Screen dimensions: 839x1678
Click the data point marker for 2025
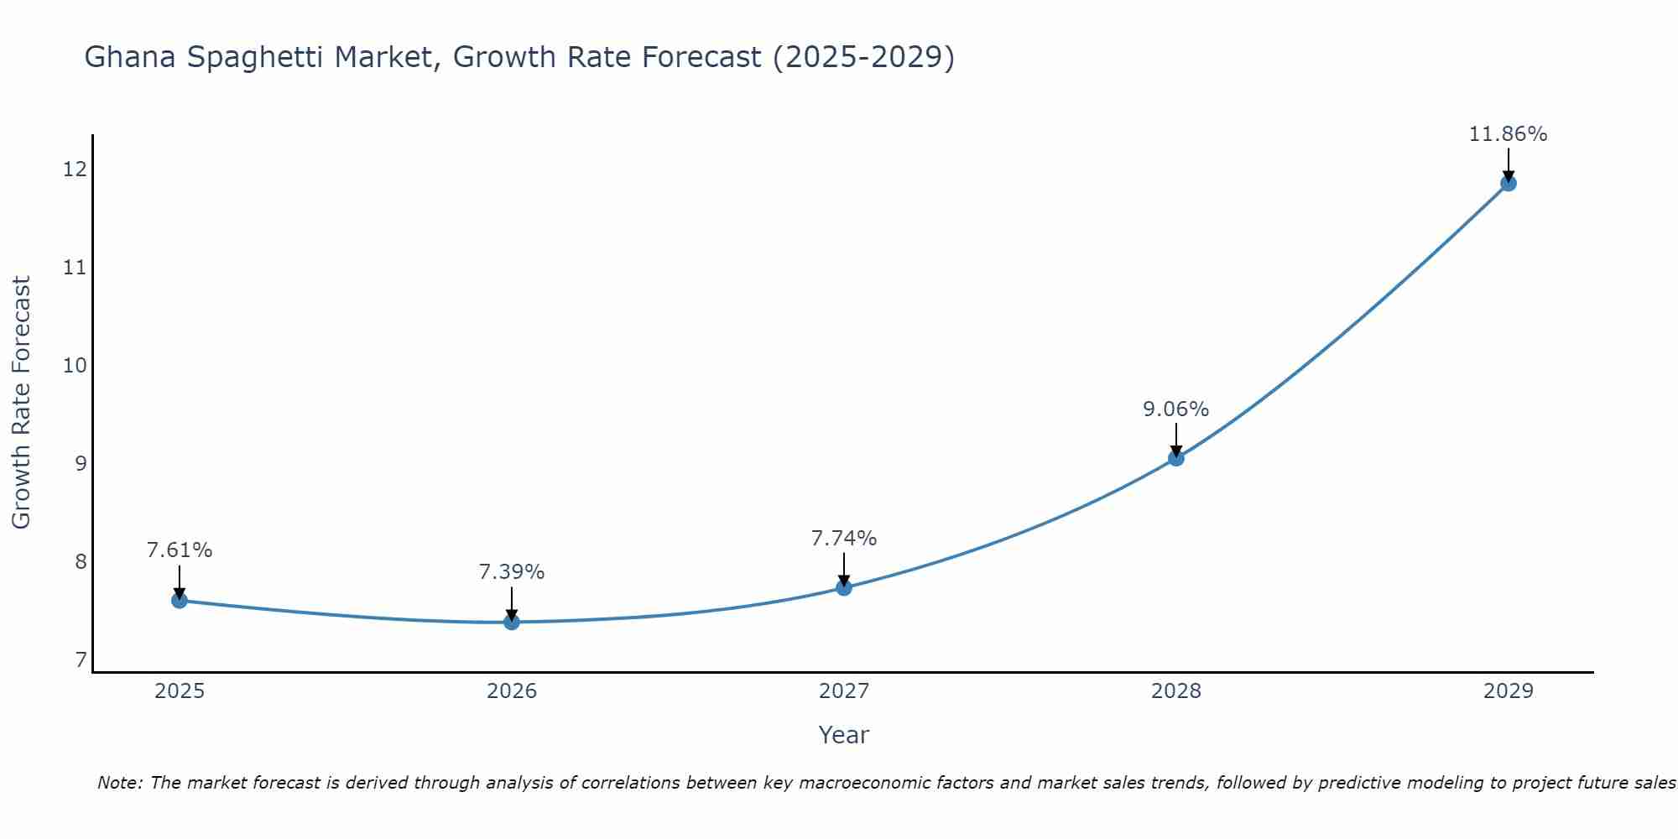pos(179,600)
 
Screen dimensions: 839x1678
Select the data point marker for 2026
pos(512,622)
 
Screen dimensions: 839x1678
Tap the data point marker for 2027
pos(844,587)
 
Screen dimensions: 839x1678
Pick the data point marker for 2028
pos(1176,458)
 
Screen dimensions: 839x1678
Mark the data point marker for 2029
pos(1508,183)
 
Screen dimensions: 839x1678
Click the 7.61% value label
pos(179,550)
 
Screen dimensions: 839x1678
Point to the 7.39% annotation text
pos(512,572)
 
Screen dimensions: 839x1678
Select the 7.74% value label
pos(844,538)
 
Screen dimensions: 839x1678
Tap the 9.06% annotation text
pos(1176,409)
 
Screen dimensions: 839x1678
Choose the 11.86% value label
pos(1508,134)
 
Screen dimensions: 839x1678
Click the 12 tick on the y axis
pos(75,169)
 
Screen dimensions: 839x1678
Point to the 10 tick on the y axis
pos(75,365)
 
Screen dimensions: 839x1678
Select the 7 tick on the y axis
pos(81,659)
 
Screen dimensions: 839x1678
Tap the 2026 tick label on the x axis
pos(512,691)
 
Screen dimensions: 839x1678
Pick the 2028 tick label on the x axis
pos(1176,691)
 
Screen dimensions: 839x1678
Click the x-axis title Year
pos(843,735)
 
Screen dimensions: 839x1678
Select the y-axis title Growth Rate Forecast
pos(21,403)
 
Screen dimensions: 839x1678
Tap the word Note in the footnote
pos(120,783)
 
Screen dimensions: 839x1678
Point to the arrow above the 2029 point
pos(1508,164)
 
